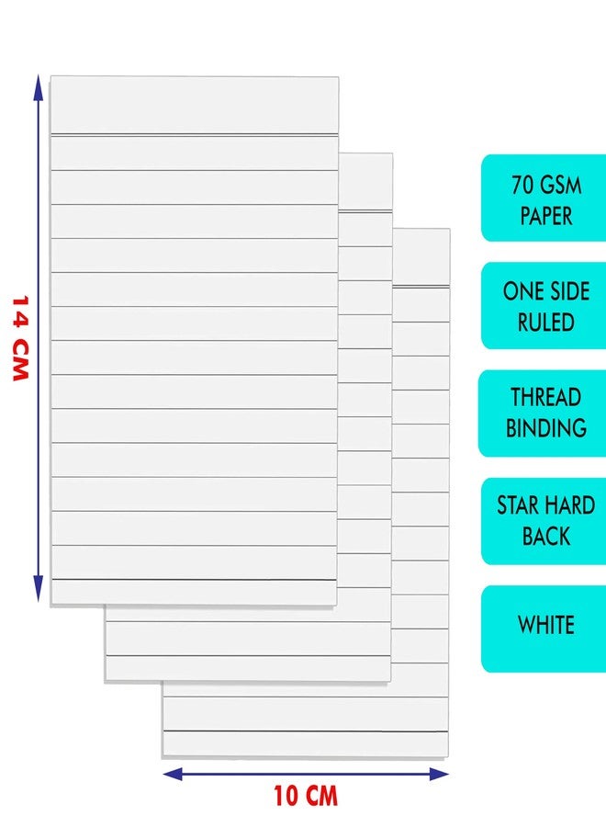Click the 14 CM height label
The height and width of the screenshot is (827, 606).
[x=20, y=338]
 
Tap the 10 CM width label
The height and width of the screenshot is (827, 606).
[x=306, y=796]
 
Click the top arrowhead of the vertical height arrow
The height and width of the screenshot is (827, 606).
[x=38, y=87]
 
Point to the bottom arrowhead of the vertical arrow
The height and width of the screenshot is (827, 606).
[x=38, y=589]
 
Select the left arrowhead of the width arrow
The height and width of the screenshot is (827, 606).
[x=173, y=775]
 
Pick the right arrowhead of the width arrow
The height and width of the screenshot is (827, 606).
[x=439, y=775]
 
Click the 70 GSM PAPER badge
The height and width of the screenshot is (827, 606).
[x=544, y=198]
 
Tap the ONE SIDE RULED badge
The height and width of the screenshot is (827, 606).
[x=544, y=306]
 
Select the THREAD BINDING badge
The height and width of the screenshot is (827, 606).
[x=543, y=413]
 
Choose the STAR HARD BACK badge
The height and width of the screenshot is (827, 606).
[x=544, y=521]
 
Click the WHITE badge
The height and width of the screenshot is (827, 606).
[x=544, y=629]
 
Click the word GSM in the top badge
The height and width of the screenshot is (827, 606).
[x=561, y=185]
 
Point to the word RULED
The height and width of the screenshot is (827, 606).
[x=546, y=323]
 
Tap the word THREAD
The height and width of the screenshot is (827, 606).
[x=546, y=397]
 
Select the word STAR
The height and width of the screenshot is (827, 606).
[x=518, y=505]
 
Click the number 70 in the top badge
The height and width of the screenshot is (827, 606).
[x=523, y=185]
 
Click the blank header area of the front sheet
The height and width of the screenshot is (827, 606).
[x=195, y=105]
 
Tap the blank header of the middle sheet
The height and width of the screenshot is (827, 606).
[x=365, y=182]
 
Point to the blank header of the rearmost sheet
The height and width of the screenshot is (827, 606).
[x=421, y=257]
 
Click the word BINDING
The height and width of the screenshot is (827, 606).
[x=546, y=427]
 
